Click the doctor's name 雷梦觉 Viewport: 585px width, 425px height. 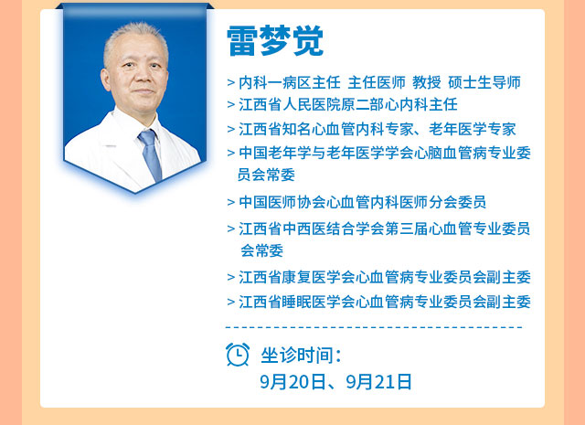[x=275, y=41]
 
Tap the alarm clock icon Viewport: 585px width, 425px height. [x=238, y=354]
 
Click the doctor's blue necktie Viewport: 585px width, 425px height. [x=150, y=154]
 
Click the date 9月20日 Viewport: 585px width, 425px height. [x=292, y=382]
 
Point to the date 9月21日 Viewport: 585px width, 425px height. [x=379, y=382]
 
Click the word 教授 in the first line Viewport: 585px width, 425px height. [x=427, y=82]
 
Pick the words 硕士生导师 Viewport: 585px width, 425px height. [x=484, y=82]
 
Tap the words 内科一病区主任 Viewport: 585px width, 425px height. [x=290, y=82]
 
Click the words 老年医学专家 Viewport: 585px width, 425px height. [x=472, y=129]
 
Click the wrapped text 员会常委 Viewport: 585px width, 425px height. [x=266, y=175]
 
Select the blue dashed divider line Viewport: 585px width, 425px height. [x=374, y=327]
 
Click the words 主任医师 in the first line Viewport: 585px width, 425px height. [x=377, y=82]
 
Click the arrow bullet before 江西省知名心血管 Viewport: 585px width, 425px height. [x=231, y=130]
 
